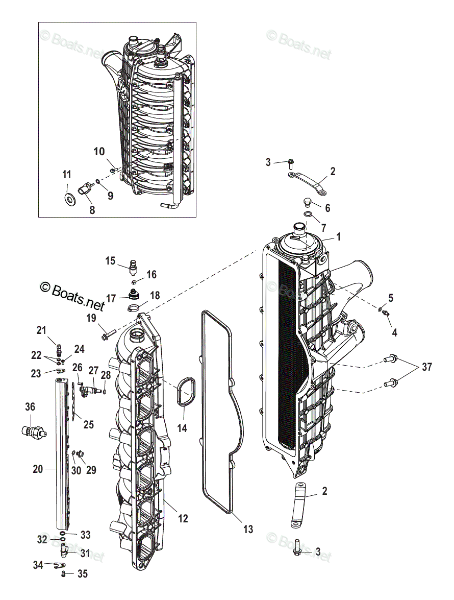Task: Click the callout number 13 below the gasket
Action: coord(248,530)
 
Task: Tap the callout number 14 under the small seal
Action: coord(182,428)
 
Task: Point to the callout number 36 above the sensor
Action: coord(30,407)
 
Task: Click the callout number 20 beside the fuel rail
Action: coord(38,469)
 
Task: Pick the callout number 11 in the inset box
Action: coord(67,175)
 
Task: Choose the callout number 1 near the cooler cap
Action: coord(338,237)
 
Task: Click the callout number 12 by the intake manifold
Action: coord(183,519)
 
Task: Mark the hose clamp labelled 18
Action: coord(134,307)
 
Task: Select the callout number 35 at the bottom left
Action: coord(82,574)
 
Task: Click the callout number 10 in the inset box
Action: coord(99,151)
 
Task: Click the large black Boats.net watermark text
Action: coord(72,296)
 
